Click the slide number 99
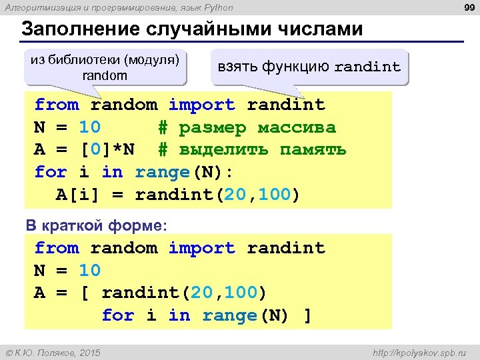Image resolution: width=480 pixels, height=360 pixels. click(x=468, y=7)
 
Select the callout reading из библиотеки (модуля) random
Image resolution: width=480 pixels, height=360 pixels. click(x=105, y=67)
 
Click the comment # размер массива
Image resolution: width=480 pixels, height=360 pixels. click(x=247, y=127)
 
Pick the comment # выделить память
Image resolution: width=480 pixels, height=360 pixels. click(x=252, y=149)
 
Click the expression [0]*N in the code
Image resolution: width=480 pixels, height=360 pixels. click(x=107, y=149)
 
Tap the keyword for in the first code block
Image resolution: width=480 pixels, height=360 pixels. click(x=51, y=172)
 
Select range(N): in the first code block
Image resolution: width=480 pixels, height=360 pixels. click(x=184, y=172)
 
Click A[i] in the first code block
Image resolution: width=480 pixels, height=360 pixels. click(x=79, y=195)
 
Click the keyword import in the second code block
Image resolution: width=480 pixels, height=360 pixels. click(x=201, y=248)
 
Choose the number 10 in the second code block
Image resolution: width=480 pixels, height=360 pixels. click(x=89, y=271)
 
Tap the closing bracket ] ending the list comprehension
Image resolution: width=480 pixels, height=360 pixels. click(x=307, y=315)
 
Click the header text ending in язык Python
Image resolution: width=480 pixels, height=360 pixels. click(x=120, y=7)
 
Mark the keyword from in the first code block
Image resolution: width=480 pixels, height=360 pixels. click(x=57, y=105)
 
